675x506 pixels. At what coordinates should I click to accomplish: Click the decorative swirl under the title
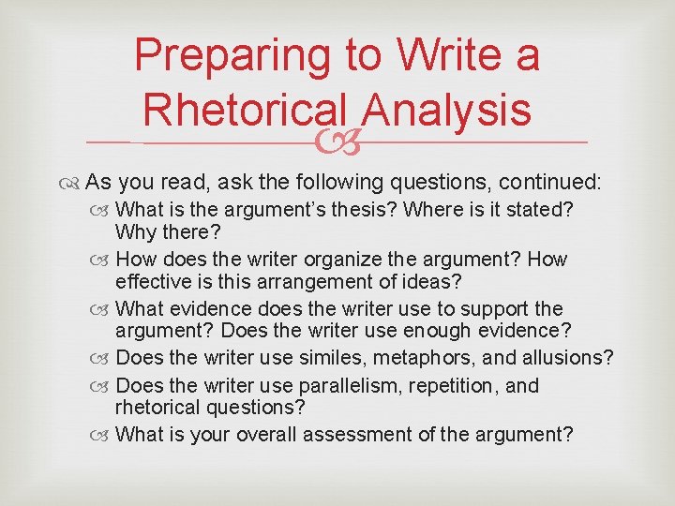pos(337,142)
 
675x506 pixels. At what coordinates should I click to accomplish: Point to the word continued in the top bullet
pos(550,181)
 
